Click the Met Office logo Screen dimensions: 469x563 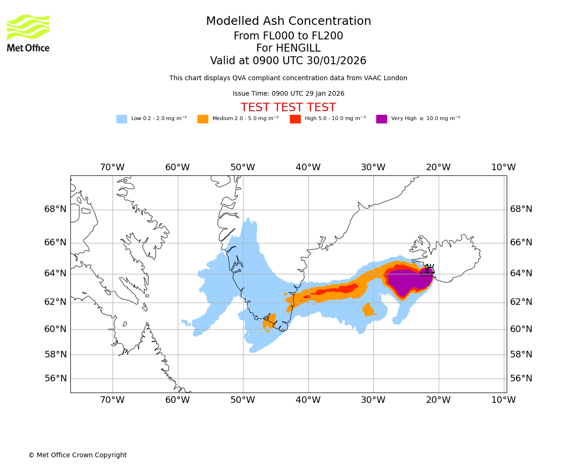pyautogui.click(x=28, y=33)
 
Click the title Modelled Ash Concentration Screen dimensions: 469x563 pyautogui.click(x=288, y=22)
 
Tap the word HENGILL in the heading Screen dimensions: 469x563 pyautogui.click(x=297, y=48)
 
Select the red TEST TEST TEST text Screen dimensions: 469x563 pyautogui.click(x=288, y=107)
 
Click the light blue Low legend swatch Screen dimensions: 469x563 pyautogui.click(x=122, y=119)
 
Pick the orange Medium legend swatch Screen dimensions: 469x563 pyautogui.click(x=203, y=119)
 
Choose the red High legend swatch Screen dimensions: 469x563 pyautogui.click(x=295, y=119)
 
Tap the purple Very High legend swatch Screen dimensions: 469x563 pyautogui.click(x=381, y=119)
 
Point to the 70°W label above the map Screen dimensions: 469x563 pyautogui.click(x=113, y=167)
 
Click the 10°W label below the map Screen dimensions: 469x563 pyautogui.click(x=503, y=400)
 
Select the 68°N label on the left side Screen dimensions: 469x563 pyautogui.click(x=55, y=209)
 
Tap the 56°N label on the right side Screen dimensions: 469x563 pyautogui.click(x=521, y=378)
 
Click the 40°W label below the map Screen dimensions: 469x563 pyautogui.click(x=308, y=400)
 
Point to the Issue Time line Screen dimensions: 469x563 pyautogui.click(x=288, y=94)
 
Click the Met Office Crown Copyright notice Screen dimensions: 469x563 pyautogui.click(x=77, y=455)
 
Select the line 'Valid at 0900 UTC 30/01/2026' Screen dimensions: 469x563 pyautogui.click(x=288, y=61)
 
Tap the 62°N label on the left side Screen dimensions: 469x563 pyautogui.click(x=55, y=302)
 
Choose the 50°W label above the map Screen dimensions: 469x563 pyautogui.click(x=243, y=167)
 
